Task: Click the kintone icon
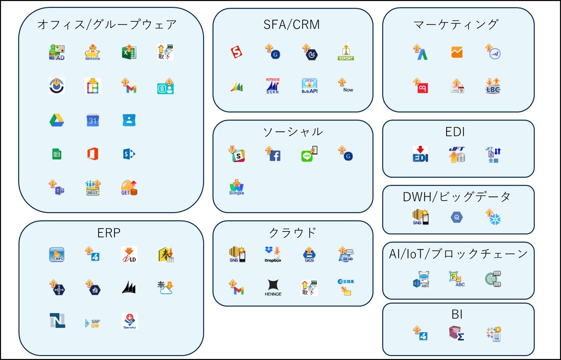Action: click(92, 53)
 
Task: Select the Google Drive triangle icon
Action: click(57, 120)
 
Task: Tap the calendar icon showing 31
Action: click(92, 120)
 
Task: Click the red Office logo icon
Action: click(93, 154)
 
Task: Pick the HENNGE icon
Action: click(273, 288)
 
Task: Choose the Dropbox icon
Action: click(273, 254)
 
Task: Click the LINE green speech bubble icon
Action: click(309, 154)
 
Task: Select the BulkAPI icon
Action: click(309, 86)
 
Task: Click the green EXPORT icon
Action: click(346, 53)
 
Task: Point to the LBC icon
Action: click(493, 86)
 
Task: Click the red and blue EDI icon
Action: click(420, 154)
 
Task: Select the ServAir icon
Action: click(129, 321)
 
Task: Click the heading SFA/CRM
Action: click(292, 25)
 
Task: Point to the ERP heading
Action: click(109, 233)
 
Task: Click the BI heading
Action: click(457, 314)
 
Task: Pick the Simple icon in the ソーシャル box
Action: click(237, 187)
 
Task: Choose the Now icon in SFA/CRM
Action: click(346, 86)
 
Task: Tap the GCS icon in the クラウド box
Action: click(309, 255)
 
